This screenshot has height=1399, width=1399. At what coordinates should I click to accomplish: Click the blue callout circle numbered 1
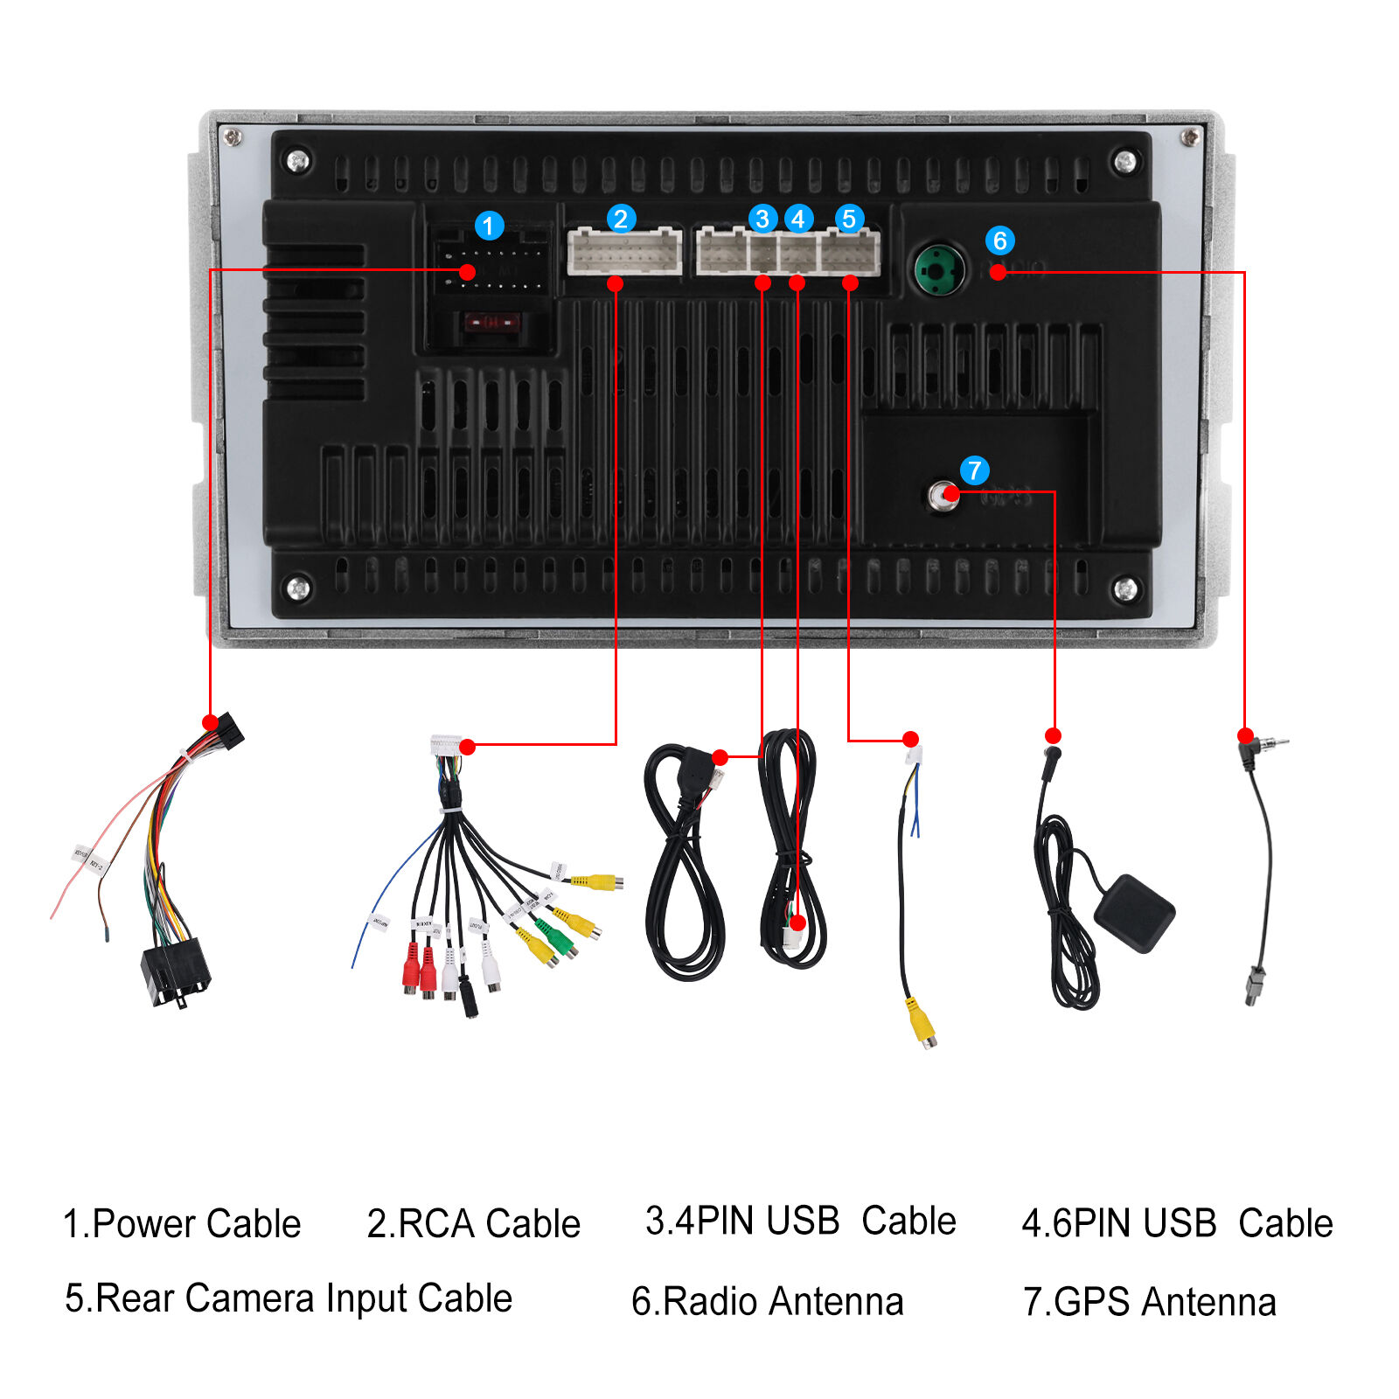coord(489,226)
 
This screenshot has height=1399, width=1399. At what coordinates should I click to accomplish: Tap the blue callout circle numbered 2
coord(621,219)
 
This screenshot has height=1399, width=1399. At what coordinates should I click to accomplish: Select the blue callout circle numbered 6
coord(999,240)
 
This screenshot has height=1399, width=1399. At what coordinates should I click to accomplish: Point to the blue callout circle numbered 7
coord(974,470)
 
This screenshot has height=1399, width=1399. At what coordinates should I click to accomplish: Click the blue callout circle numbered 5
coord(849,219)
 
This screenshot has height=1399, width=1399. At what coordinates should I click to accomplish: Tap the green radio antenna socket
coord(939,270)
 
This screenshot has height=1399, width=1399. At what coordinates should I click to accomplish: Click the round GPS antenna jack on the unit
coord(943,497)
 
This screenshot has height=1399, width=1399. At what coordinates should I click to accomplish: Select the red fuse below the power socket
coord(491,323)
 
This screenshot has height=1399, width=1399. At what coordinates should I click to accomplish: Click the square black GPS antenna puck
coord(1134,912)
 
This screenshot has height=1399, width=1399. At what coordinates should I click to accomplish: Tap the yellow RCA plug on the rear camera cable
coord(922,1021)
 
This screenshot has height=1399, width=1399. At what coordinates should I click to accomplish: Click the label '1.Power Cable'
coord(182,1223)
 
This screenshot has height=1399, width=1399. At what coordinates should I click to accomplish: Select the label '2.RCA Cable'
coord(473,1223)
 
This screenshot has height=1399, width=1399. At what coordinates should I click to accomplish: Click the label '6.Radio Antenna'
coord(767,1301)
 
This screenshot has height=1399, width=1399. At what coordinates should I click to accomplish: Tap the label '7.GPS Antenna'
coord(1149,1301)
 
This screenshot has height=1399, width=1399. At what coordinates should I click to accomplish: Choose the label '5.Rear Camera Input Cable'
coord(289,1298)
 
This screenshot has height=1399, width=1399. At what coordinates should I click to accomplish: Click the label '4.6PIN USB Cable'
coord(1177,1223)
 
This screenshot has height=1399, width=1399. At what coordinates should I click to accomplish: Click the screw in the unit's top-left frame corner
coord(232,136)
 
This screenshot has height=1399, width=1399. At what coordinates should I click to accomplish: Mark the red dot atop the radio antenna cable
coord(1245,735)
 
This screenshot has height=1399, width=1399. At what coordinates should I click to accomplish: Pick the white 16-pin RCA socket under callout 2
coord(624,252)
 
